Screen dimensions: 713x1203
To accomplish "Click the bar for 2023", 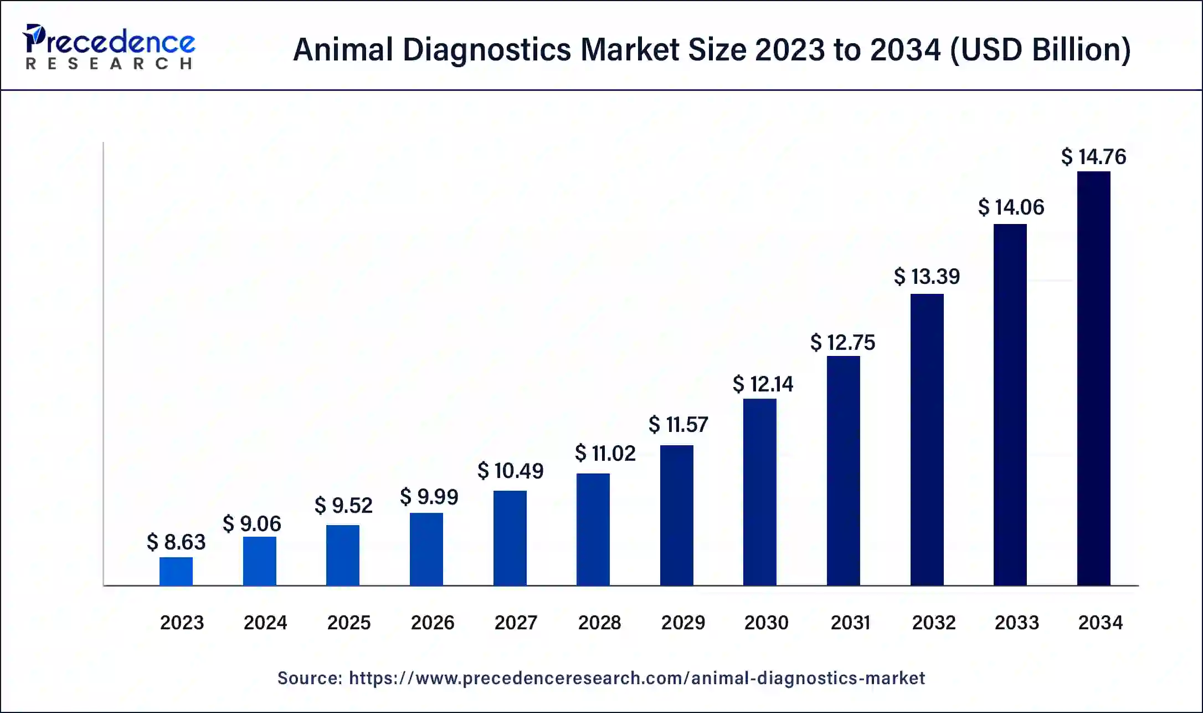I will click(176, 571).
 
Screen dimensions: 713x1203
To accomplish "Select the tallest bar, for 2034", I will click(1093, 379).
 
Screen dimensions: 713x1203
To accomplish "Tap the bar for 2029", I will click(676, 515).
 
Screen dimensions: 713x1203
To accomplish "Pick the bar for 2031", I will click(843, 471).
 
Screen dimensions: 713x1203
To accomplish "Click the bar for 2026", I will click(426, 549).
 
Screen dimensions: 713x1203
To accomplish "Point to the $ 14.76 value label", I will click(1093, 157).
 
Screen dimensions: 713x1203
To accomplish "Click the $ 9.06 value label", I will click(252, 523).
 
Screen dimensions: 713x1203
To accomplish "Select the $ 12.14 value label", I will click(763, 384).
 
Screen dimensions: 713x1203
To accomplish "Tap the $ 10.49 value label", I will click(510, 471).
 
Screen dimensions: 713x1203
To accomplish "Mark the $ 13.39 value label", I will click(927, 276).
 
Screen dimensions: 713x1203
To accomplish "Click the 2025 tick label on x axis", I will click(348, 623).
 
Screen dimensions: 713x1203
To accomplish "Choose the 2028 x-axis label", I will click(599, 623).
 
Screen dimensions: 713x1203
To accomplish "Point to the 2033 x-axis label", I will click(1016, 623).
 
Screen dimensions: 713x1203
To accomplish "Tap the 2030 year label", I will click(766, 623).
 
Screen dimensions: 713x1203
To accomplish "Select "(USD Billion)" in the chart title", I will click(1040, 49).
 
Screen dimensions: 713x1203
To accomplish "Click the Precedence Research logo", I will click(109, 47).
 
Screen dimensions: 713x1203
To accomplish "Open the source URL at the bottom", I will click(637, 678).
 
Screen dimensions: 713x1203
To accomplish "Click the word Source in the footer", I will click(309, 678).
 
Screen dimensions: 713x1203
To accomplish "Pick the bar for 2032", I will click(927, 440).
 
